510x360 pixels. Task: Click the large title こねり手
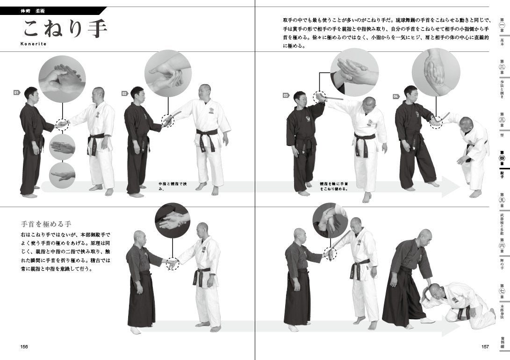pos(65,29)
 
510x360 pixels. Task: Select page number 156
pos(24,346)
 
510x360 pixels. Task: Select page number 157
pos(485,346)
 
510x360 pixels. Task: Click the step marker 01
pos(16,93)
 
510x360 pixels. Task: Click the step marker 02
pos(124,93)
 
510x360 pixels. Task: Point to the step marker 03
pos(286,95)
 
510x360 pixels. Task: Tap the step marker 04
pos(395,96)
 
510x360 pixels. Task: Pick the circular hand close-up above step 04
pos(436,72)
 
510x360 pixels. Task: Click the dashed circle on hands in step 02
pos(168,120)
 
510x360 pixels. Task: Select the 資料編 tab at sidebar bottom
pos(502,342)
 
